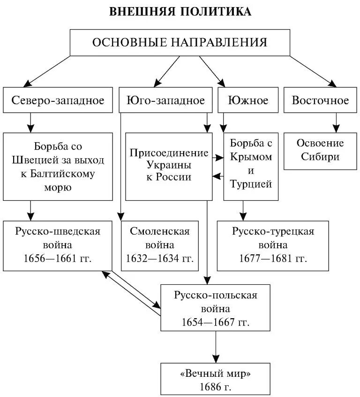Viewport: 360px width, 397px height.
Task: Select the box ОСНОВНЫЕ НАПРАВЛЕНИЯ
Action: point(180,43)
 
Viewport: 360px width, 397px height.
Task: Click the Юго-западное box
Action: point(166,100)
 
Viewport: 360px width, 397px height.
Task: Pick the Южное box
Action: point(248,100)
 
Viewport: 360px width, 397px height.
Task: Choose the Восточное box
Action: point(320,100)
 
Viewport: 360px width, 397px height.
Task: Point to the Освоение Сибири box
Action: point(320,150)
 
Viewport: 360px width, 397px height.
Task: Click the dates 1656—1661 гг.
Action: point(58,258)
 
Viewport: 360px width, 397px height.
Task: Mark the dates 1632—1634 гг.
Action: point(159,258)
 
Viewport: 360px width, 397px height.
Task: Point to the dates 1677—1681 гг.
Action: point(273,258)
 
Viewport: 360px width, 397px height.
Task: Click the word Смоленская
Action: point(159,231)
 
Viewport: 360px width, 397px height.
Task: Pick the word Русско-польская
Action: point(216,296)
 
